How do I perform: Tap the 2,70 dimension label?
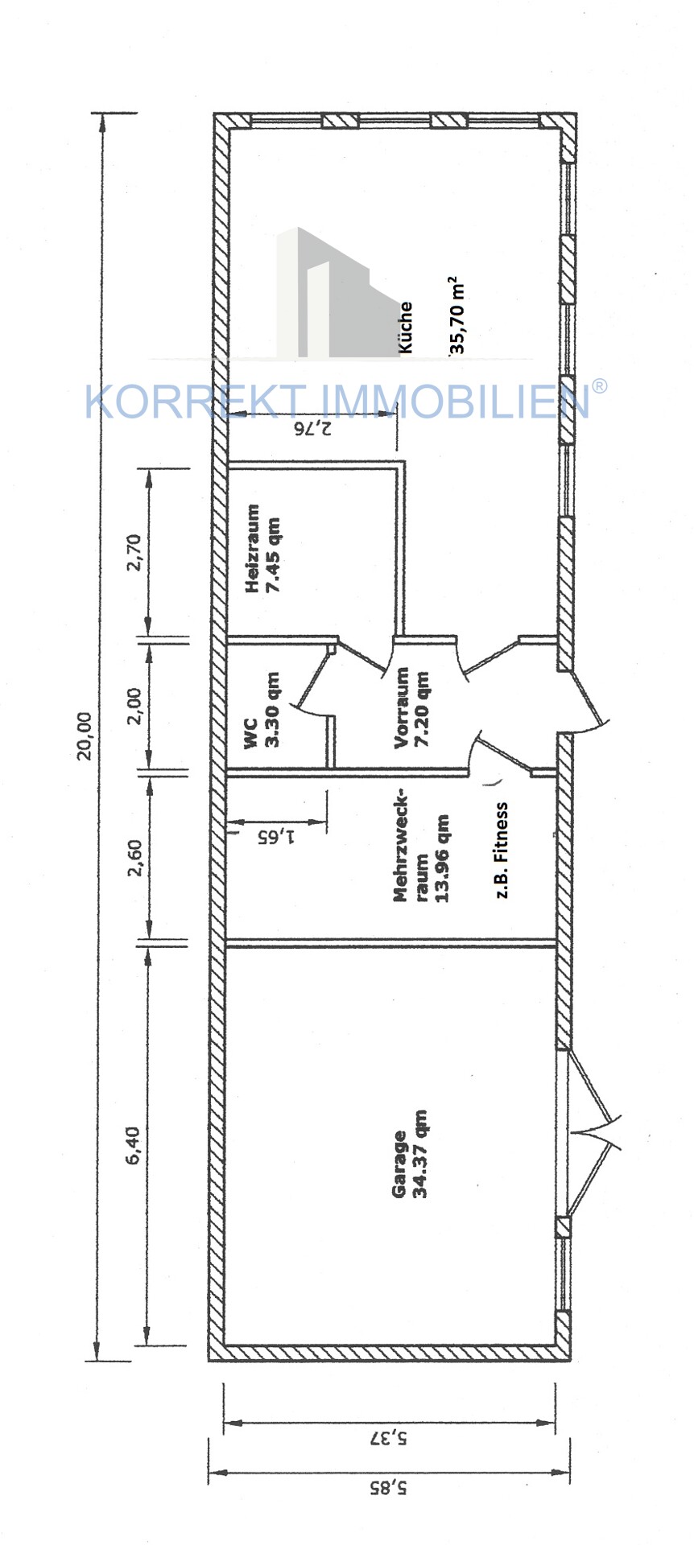134,552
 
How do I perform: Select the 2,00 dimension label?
134,706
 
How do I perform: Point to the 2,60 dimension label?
134,859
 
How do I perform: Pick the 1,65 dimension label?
276,836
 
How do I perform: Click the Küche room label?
406,328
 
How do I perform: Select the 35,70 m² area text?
456,316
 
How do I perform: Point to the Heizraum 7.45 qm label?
264,549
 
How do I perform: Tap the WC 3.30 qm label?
262,711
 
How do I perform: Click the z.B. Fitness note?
502,850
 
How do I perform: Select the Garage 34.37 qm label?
410,1155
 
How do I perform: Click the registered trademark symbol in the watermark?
600,386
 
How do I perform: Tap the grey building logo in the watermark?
338,292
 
